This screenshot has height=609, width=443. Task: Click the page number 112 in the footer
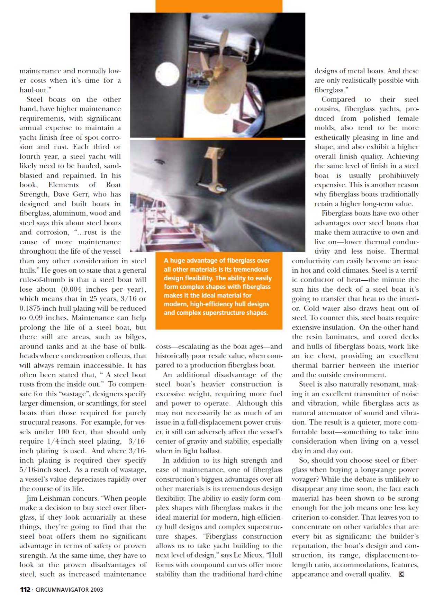[x=25, y=590]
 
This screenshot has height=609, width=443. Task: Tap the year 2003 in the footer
[x=97, y=590]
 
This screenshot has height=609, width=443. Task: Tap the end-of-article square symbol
[x=401, y=574]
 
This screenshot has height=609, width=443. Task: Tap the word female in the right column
[x=408, y=118]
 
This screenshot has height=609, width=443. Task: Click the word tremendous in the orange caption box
[x=251, y=270]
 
